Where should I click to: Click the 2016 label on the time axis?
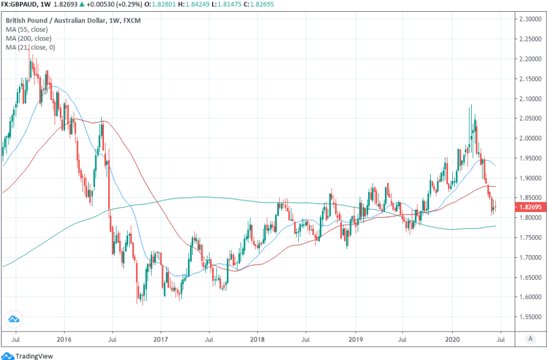64,339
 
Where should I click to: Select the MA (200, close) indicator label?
29,38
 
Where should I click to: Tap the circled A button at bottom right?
530,339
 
